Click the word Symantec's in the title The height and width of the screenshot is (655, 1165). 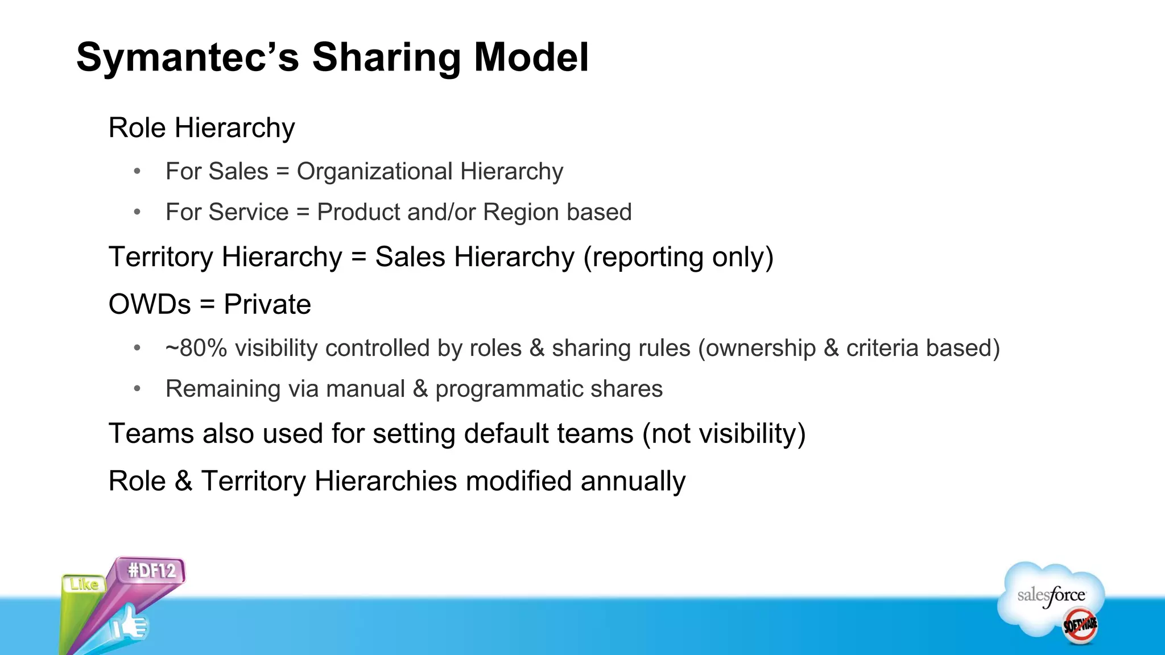(x=188, y=58)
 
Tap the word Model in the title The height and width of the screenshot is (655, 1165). (x=531, y=58)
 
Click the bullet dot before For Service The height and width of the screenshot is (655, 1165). (x=137, y=212)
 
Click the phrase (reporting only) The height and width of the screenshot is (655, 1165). (x=678, y=257)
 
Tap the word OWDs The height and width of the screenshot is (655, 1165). (x=150, y=305)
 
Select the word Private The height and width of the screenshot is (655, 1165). (x=267, y=305)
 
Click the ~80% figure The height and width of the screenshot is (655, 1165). (x=196, y=349)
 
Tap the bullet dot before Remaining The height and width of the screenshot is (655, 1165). (x=137, y=389)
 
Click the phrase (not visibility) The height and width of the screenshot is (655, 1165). (x=724, y=434)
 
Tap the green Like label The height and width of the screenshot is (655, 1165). (x=84, y=584)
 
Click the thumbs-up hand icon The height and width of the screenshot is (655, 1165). (x=130, y=625)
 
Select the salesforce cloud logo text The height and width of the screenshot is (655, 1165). (x=1051, y=596)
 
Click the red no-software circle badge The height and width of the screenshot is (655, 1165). (x=1080, y=625)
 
